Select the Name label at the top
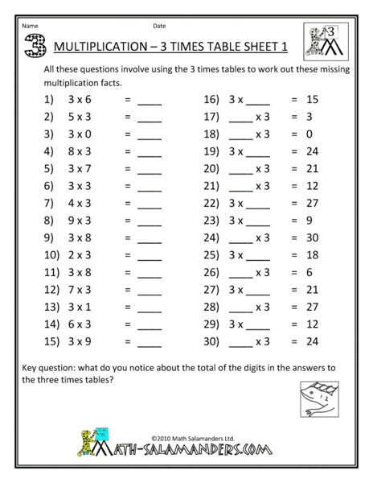30,25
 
